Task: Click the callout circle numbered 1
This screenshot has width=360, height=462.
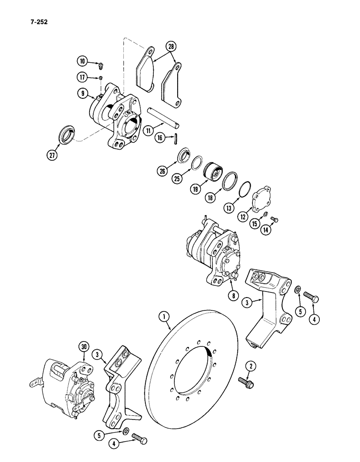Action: click(x=162, y=316)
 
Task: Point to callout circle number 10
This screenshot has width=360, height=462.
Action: click(x=83, y=61)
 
